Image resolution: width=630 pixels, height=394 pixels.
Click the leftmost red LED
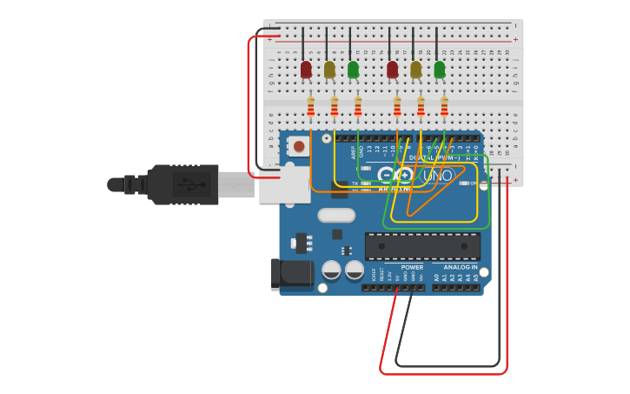[306, 69]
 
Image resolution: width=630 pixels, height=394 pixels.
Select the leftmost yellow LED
[329, 69]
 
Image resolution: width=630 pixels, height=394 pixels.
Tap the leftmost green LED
[353, 69]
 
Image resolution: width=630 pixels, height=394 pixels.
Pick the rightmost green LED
[440, 69]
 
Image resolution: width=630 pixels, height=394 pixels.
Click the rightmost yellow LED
[416, 69]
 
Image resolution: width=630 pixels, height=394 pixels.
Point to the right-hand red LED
[393, 69]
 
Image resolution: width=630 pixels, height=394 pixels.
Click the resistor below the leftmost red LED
[311, 107]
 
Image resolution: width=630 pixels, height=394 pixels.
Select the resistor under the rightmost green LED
[445, 107]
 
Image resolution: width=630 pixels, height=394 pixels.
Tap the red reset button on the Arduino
[299, 146]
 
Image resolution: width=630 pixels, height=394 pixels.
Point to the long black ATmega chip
[422, 246]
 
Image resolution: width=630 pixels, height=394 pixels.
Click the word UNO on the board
[438, 176]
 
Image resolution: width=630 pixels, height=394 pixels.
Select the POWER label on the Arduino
[412, 267]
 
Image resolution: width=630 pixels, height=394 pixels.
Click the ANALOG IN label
[461, 267]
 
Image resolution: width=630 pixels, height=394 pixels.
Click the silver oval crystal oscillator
[336, 215]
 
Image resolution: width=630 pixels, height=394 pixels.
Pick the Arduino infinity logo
[395, 175]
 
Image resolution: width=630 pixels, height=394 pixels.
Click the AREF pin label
[354, 151]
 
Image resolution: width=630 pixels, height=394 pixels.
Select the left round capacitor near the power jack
[331, 270]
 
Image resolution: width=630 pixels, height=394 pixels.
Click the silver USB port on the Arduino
[284, 184]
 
